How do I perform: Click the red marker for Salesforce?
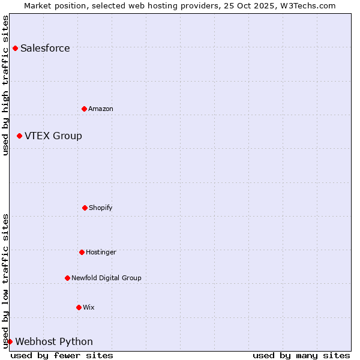(15, 48)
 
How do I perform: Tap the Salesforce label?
(45, 49)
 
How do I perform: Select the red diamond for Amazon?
(84, 109)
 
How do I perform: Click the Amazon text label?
(101, 109)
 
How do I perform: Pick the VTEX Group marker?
(19, 136)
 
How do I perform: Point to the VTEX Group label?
(53, 136)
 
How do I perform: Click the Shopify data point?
(85, 208)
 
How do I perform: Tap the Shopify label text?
(101, 208)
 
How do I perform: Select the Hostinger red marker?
(82, 252)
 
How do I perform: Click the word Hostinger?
(101, 253)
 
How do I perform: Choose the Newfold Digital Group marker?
(67, 278)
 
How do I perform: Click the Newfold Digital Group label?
(106, 278)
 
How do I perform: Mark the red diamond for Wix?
(79, 307)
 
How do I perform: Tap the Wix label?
(89, 308)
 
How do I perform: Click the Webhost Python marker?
(10, 341)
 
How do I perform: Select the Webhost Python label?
(54, 342)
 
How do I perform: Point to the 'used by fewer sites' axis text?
(62, 355)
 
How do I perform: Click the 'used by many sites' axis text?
(301, 355)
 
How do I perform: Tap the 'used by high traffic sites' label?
(5, 85)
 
